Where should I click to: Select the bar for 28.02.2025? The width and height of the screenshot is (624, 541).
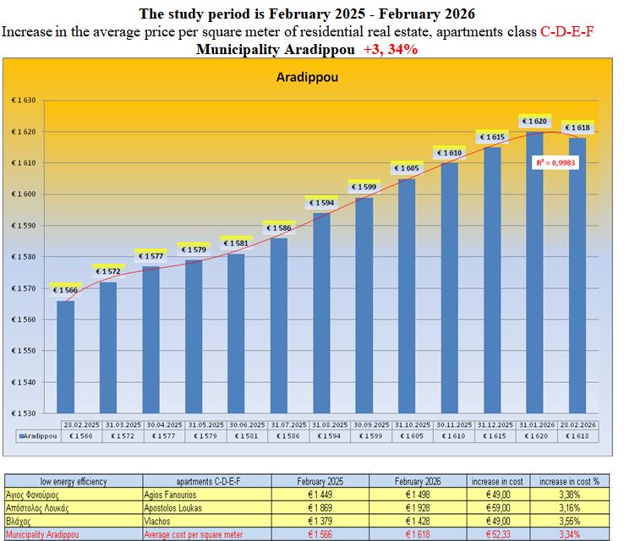[x=65, y=355]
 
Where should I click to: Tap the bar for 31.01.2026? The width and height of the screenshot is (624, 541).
[x=535, y=270]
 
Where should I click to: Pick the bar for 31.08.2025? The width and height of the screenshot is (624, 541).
[x=321, y=313]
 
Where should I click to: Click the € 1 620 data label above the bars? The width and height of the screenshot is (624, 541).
[x=535, y=122]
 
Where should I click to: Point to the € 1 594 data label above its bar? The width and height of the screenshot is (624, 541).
[x=321, y=203]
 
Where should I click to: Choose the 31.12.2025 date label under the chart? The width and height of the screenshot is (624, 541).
[x=495, y=424]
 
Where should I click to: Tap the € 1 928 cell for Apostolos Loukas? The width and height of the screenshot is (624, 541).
[x=419, y=508]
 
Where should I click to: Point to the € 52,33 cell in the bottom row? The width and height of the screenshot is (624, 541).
[x=497, y=534]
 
